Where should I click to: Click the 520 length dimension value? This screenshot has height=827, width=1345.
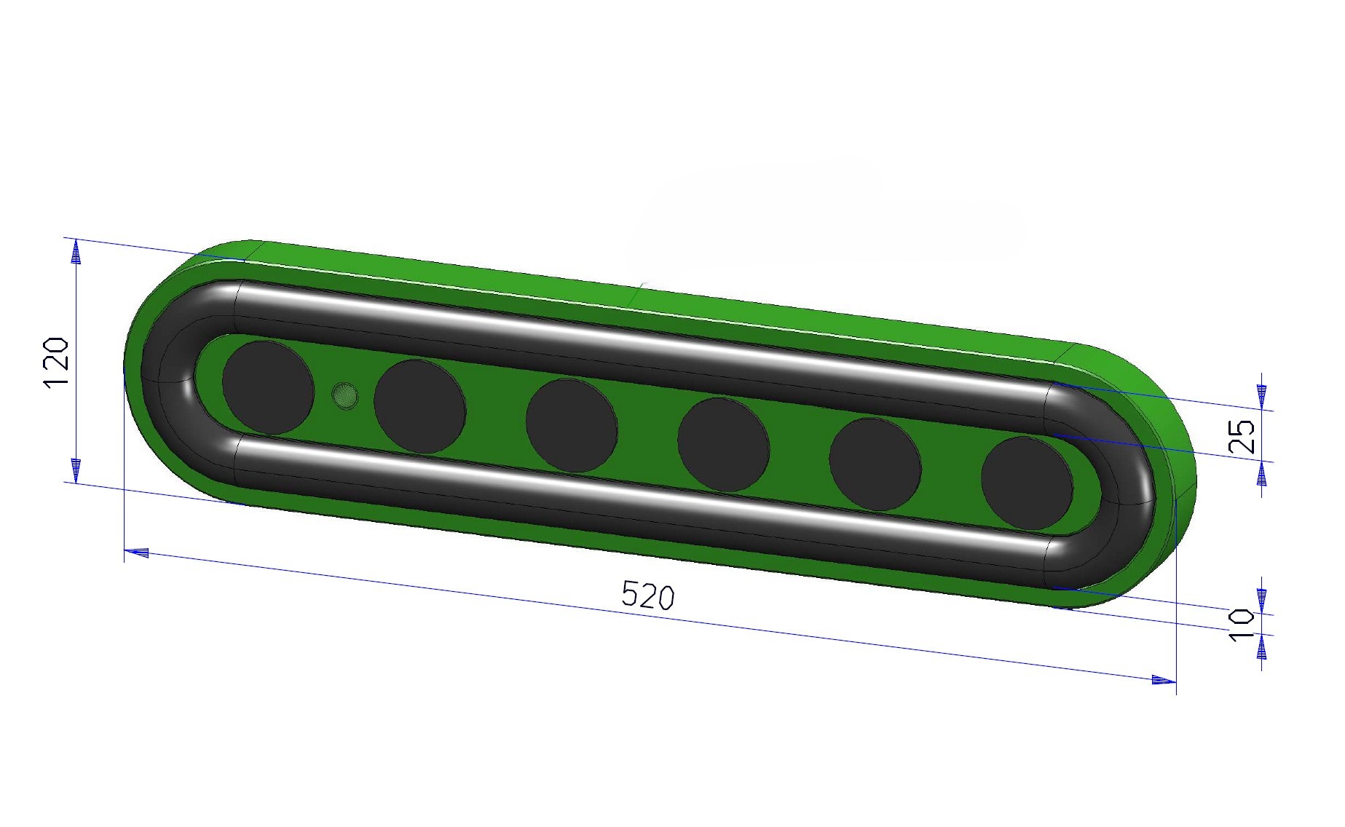(648, 595)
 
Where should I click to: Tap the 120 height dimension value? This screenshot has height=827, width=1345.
(57, 363)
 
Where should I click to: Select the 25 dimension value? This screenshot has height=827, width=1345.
(1242, 436)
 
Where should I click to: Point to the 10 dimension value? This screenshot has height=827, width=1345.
(1242, 625)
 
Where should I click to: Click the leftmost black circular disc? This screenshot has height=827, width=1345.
(268, 387)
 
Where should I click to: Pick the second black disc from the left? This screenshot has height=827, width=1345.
(420, 406)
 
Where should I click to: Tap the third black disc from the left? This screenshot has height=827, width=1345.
(572, 426)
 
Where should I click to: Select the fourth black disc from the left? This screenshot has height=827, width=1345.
(723, 445)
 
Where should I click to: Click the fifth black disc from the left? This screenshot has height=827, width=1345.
(875, 464)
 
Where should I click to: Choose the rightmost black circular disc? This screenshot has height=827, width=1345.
(1027, 483)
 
